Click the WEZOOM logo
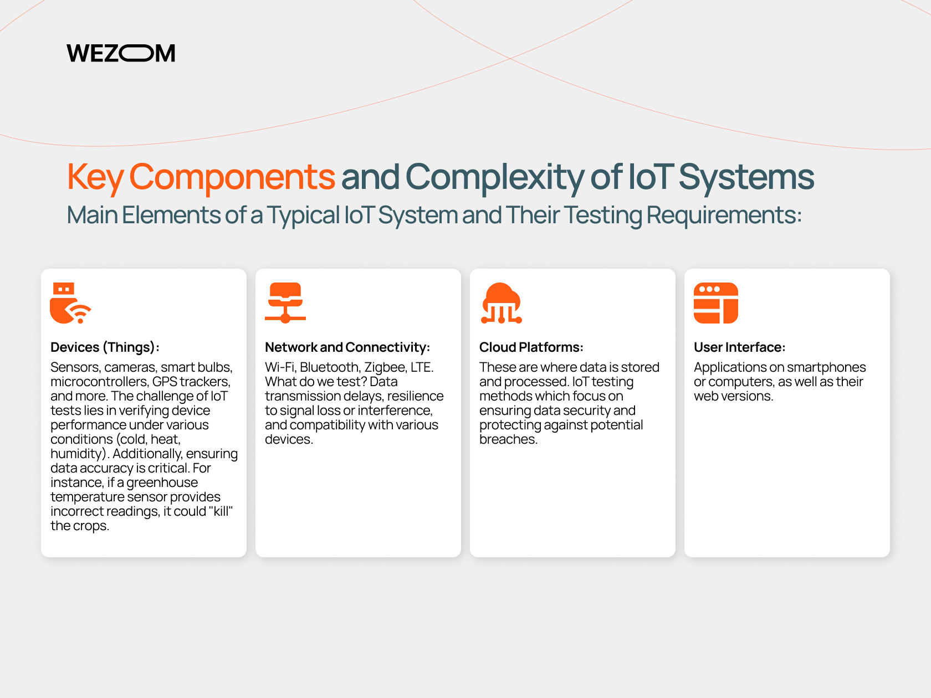[x=121, y=53]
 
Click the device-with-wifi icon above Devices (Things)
[x=70, y=303]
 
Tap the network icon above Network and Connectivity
[x=285, y=303]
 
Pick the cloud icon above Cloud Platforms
[x=502, y=303]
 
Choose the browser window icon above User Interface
[x=716, y=303]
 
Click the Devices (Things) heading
[x=105, y=347]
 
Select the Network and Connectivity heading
[x=347, y=347]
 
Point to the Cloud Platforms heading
[x=531, y=347]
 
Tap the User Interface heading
[x=739, y=347]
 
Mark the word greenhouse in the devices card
[x=162, y=483]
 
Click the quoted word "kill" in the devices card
[x=221, y=511]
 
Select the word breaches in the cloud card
[x=508, y=439]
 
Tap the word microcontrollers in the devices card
[x=99, y=382]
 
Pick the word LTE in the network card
[x=422, y=367]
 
